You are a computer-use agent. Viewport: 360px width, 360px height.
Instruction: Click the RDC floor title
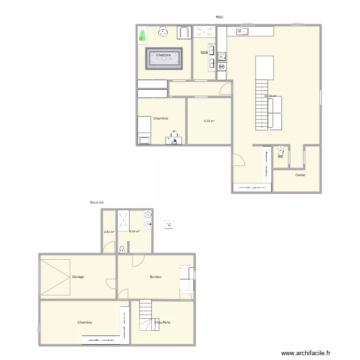point(219,17)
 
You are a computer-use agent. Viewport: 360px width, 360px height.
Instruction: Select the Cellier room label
point(300,175)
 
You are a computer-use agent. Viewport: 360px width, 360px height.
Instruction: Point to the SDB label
point(204,53)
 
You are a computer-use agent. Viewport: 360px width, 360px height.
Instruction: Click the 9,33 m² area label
point(209,121)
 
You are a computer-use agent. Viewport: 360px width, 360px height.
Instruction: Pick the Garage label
point(78,277)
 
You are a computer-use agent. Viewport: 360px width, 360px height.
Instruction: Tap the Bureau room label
point(156,277)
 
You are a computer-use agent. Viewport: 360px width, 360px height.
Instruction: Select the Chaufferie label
point(162,323)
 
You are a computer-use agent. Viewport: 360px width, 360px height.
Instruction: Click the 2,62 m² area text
point(109,232)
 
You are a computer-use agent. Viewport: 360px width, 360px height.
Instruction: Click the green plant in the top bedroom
point(142,35)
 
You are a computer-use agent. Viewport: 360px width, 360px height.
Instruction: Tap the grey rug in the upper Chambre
point(164,59)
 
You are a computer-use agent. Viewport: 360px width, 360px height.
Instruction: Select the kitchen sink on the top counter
point(241,32)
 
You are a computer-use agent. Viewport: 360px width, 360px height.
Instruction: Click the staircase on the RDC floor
point(261,105)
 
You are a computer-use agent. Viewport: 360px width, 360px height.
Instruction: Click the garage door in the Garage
point(55,277)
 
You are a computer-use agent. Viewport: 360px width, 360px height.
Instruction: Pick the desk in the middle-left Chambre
point(174,140)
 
